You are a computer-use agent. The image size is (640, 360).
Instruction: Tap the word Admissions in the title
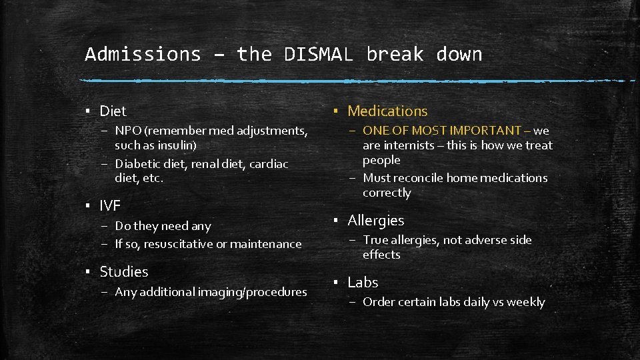point(143,54)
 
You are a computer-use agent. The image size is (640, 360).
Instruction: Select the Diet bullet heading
point(113,111)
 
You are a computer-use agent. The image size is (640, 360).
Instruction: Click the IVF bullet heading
point(110,205)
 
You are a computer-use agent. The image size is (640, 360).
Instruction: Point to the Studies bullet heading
point(124,271)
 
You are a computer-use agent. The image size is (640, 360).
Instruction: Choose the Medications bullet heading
point(387,111)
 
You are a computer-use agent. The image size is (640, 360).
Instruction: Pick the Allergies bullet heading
point(375,220)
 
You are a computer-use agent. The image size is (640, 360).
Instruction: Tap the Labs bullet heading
point(363,283)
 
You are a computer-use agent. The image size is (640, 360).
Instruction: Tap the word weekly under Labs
point(525,302)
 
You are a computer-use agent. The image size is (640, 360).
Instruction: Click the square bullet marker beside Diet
point(87,111)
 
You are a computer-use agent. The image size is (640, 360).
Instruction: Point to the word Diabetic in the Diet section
point(139,164)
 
